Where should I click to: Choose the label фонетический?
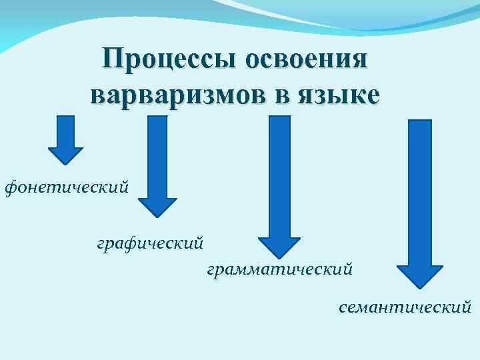(x=66, y=188)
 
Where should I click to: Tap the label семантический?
(x=405, y=307)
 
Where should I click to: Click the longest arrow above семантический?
(x=419, y=200)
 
